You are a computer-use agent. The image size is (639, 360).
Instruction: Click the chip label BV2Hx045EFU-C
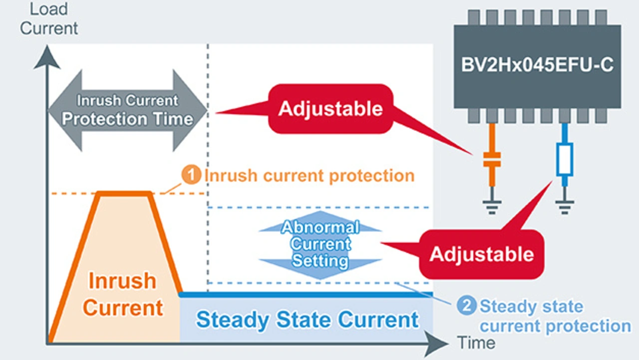click(x=537, y=65)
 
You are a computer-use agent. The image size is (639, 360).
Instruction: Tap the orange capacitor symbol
click(x=492, y=160)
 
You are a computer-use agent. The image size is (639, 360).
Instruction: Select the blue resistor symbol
click(x=565, y=159)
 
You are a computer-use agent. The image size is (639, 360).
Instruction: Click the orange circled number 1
click(x=191, y=174)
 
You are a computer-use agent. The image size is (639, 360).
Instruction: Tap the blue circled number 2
click(x=467, y=306)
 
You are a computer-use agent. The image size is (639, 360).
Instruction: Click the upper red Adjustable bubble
click(x=330, y=109)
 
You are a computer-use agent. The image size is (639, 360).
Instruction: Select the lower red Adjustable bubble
click(x=482, y=254)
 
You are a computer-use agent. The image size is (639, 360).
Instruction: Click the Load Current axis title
click(x=49, y=19)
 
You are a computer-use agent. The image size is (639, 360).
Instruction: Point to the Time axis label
click(x=476, y=343)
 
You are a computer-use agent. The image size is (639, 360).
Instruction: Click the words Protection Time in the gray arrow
click(x=127, y=119)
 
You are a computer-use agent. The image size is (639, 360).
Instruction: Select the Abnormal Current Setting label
click(x=320, y=244)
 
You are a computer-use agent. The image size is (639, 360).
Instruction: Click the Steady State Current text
click(x=307, y=320)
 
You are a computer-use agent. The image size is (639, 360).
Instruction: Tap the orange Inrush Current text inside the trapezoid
click(x=123, y=294)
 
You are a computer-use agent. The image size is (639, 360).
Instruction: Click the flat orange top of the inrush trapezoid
click(x=125, y=194)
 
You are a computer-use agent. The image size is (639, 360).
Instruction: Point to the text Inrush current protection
click(x=310, y=175)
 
